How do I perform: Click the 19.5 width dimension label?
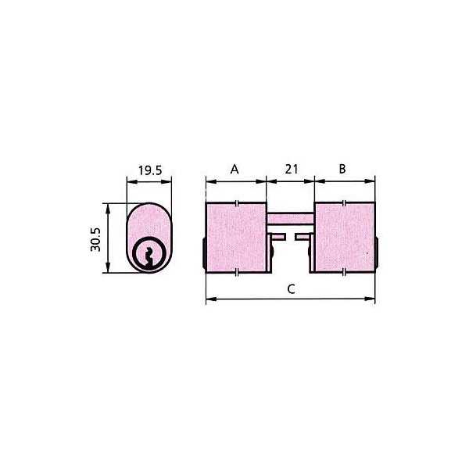(x=150, y=170)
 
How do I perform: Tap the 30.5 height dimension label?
(x=95, y=240)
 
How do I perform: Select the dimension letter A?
(x=234, y=170)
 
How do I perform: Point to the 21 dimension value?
(x=292, y=170)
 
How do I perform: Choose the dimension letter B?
(x=342, y=169)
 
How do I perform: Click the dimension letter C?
(x=291, y=289)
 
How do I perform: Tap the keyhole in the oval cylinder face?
(x=149, y=257)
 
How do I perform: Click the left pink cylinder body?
(x=236, y=238)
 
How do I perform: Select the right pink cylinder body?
(x=345, y=238)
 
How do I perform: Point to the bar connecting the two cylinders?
(x=290, y=218)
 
